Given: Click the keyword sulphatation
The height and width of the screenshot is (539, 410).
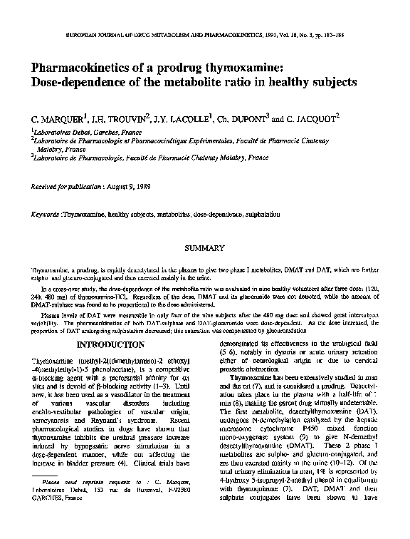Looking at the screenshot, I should click(260, 214).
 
